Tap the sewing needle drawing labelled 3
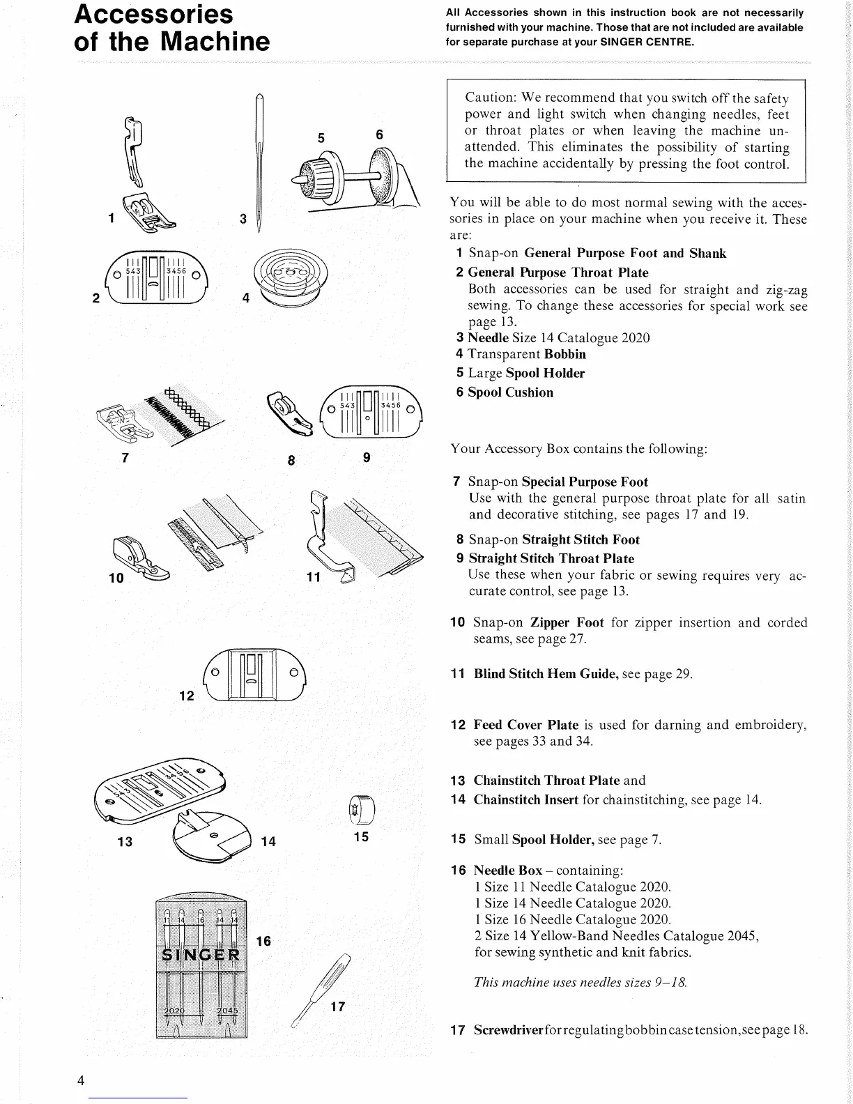pos(259,160)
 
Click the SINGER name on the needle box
pos(201,954)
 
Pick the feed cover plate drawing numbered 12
pos(254,675)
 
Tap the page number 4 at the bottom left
pos(82,1081)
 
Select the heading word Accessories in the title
pos(154,14)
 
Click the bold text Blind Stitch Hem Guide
pos(546,674)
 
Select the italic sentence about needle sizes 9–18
pos(581,982)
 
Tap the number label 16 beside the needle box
pos(263,942)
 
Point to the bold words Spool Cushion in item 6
pos(510,392)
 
